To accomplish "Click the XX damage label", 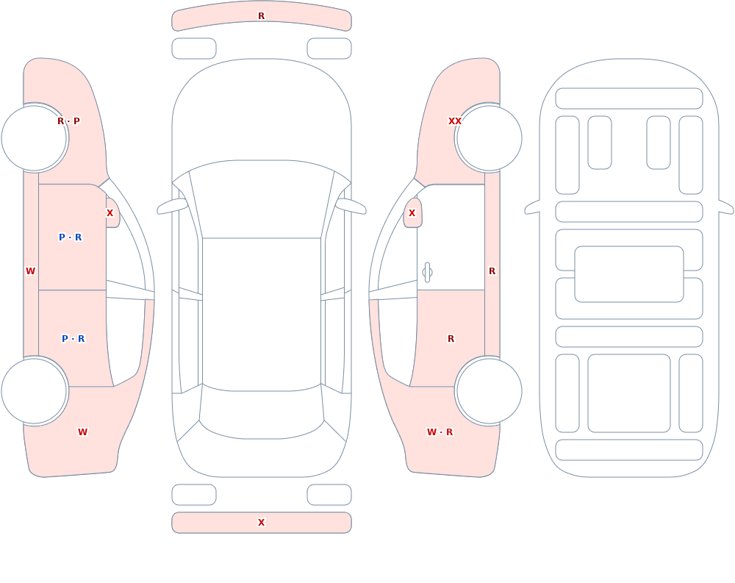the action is (455, 121).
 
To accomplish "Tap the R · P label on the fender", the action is (68, 121).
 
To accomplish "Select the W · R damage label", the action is (440, 432).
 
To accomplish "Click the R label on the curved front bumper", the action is (262, 16).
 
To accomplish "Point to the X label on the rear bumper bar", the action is (262, 523).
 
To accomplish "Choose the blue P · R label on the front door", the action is (71, 237).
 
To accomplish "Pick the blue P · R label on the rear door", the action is (73, 339).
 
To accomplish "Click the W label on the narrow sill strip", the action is (30, 271).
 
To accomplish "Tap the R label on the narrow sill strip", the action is (492, 271).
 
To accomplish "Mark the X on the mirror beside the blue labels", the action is (110, 213).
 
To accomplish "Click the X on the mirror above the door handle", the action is (412, 213).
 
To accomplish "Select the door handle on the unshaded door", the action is (427, 273).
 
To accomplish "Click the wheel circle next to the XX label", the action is (489, 138).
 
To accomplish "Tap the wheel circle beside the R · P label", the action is (35, 138).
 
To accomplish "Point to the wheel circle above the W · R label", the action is (489, 391).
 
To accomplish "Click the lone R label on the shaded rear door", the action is (451, 339).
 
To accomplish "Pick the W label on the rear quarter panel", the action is (82, 432).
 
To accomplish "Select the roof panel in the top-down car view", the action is (262, 314).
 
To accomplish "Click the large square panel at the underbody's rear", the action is (629, 393).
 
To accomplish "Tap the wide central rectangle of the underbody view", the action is (629, 274).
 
